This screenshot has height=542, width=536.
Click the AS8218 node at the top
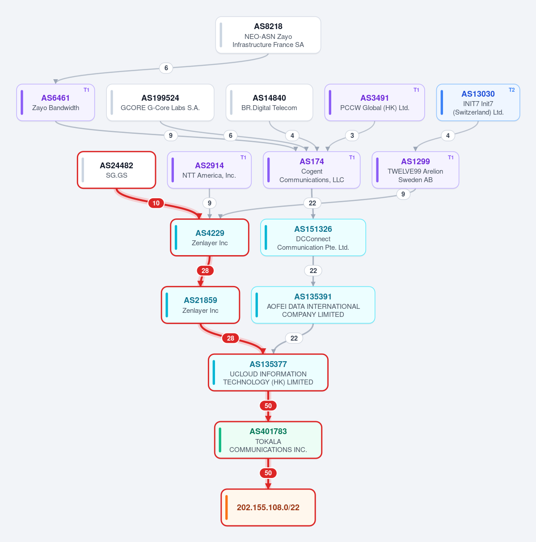pyautogui.click(x=268, y=35)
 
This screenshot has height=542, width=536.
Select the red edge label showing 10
pyautogui.click(x=156, y=203)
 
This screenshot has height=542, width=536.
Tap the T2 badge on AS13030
pyautogui.click(x=511, y=90)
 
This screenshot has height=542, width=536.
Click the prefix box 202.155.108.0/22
pyautogui.click(x=268, y=508)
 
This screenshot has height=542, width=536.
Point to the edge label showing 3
pyautogui.click(x=352, y=136)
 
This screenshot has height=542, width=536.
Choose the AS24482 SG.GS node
pyautogui.click(x=117, y=170)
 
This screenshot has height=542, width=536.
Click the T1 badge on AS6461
pyautogui.click(x=86, y=90)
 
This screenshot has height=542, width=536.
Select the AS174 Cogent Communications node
pyautogui.click(x=312, y=170)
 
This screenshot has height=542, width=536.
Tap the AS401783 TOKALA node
pyautogui.click(x=268, y=440)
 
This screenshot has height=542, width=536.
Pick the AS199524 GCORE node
pyautogui.click(x=160, y=102)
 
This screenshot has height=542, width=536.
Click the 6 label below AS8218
pyautogui.click(x=166, y=68)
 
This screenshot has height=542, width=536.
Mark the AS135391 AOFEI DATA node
pyautogui.click(x=313, y=305)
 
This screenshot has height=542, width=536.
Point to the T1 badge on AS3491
pyautogui.click(x=416, y=90)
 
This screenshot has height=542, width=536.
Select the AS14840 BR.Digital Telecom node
pyautogui.click(x=269, y=102)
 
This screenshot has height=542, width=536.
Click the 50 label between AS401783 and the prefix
pyautogui.click(x=268, y=473)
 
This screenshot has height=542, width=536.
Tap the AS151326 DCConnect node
pyautogui.click(x=313, y=237)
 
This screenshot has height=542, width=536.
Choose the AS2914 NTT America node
pyautogui.click(x=209, y=170)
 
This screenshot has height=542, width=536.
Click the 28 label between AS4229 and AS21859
pyautogui.click(x=205, y=271)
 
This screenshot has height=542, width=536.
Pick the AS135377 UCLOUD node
pyautogui.click(x=268, y=372)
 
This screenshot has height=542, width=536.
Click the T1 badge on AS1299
pyautogui.click(x=451, y=158)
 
